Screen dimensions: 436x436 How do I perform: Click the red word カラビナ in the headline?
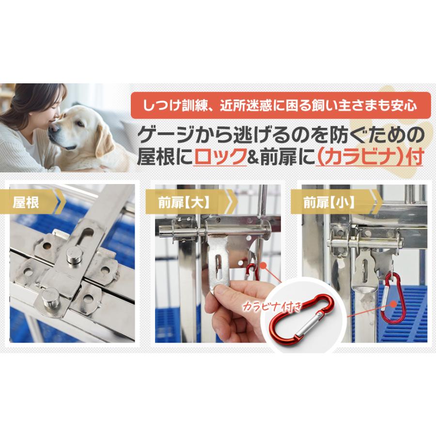[x=358, y=157]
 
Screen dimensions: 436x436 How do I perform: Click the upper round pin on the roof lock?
[x=74, y=254]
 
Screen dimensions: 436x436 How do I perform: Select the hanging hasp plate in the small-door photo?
[x=364, y=271]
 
